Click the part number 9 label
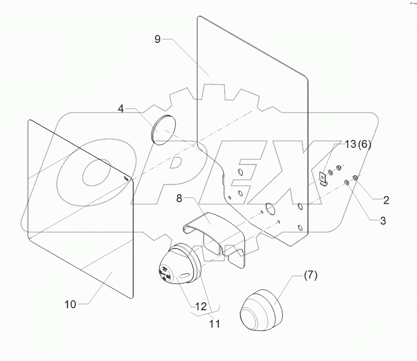coord(158,40)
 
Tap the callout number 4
coord(122,109)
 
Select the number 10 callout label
coord(70,304)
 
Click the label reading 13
coord(350,144)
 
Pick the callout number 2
coord(386,201)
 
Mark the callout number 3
coord(383,221)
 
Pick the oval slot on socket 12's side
coord(184,275)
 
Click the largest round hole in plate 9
coord(270,209)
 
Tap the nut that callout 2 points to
coord(355,178)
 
